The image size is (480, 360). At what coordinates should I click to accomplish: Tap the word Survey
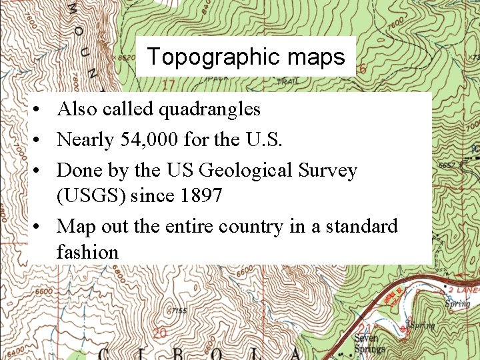point(329,171)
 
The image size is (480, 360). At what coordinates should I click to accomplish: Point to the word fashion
point(87,252)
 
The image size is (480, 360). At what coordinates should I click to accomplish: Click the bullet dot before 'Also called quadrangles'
point(41,109)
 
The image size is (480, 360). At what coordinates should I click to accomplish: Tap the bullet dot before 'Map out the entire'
point(41,227)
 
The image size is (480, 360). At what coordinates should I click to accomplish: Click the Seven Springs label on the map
point(369,343)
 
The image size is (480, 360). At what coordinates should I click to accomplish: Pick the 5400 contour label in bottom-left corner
point(14,349)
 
